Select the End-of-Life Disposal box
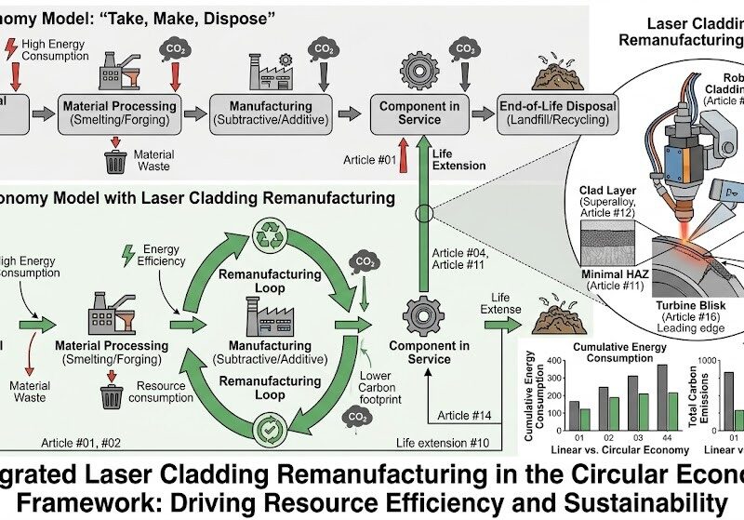(557, 113)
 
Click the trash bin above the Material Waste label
(116, 162)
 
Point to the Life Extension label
(459, 158)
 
